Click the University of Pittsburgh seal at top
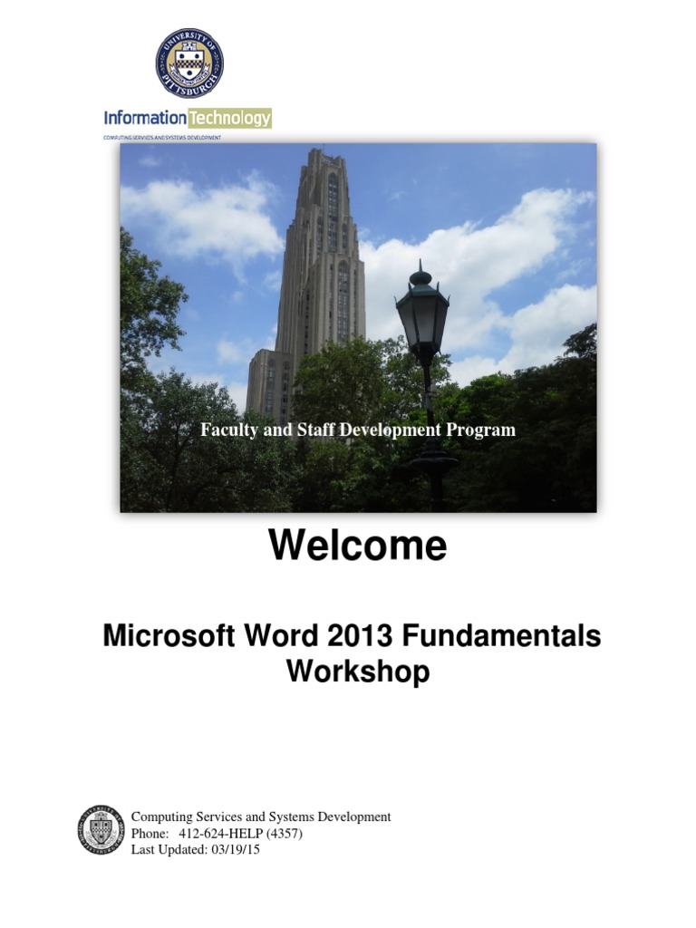188,63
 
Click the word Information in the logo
145,118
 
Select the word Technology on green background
229,118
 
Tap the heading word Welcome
357,546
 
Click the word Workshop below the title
358,672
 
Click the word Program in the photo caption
483,430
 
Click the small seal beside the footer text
100,831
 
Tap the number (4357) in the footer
285,833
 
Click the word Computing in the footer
161,817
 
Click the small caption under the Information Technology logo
163,137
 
